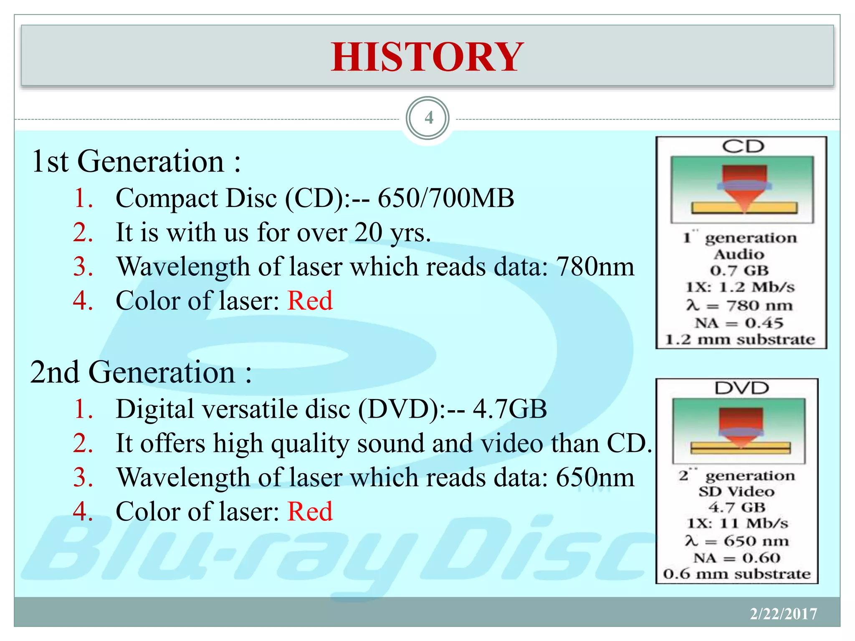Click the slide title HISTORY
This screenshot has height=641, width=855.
coord(427,57)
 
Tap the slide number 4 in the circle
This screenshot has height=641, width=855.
coord(428,118)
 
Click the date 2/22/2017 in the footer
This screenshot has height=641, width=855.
coord(783,614)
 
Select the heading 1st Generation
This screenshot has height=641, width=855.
coord(136,162)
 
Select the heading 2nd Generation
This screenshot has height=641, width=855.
coord(141,372)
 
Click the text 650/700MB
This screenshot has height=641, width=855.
coord(446,198)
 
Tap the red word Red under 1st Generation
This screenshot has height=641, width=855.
coord(310,301)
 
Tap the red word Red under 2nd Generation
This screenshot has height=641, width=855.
coord(310,512)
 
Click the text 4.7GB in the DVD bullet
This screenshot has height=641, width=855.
coord(510,409)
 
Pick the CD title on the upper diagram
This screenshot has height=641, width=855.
coord(743,146)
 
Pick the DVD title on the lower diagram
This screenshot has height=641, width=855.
coord(741,388)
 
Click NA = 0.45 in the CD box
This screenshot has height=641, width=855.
coord(739,323)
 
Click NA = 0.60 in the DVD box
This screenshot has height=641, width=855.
coord(737,558)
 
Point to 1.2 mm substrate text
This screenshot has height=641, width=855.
coord(740,339)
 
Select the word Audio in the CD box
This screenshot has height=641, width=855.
coord(739,254)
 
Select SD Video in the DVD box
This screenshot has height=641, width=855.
coord(737,491)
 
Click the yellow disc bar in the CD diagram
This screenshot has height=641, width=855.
coord(710,208)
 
